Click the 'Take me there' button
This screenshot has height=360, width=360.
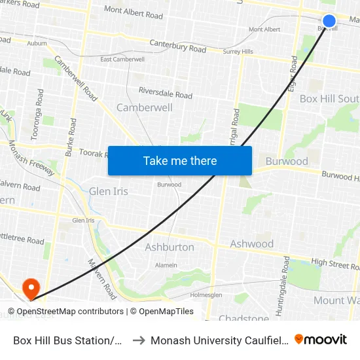coord(180,161)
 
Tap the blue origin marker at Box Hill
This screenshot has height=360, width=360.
coord(329,21)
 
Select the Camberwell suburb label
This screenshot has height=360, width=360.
coord(144,107)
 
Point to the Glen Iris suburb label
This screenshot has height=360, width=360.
coord(109,191)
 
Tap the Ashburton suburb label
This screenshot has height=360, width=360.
coord(170,247)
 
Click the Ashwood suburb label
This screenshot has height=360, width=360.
coord(251,244)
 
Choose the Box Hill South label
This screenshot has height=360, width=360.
coord(329,99)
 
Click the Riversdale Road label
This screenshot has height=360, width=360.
coord(165,93)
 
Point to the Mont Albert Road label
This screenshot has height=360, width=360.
coord(134,12)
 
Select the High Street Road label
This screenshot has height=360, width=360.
coord(335,263)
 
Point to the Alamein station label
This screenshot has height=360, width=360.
coord(166,265)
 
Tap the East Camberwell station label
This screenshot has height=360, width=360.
coord(122,60)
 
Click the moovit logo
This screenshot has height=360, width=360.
coord(321,339)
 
